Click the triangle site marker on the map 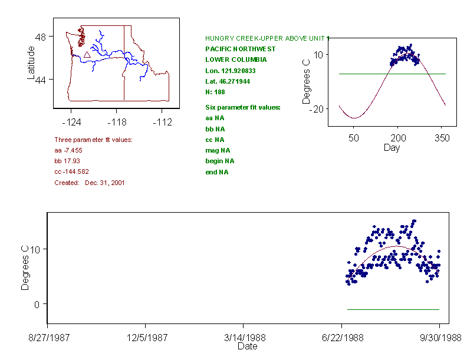tap(87, 54)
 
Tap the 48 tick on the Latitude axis tap(42, 37)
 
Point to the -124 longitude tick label tap(72, 123)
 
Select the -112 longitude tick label tap(162, 123)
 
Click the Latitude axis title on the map tap(31, 62)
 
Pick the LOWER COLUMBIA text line tap(236, 60)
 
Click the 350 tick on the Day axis tap(442, 138)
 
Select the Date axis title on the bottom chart tap(247, 346)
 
